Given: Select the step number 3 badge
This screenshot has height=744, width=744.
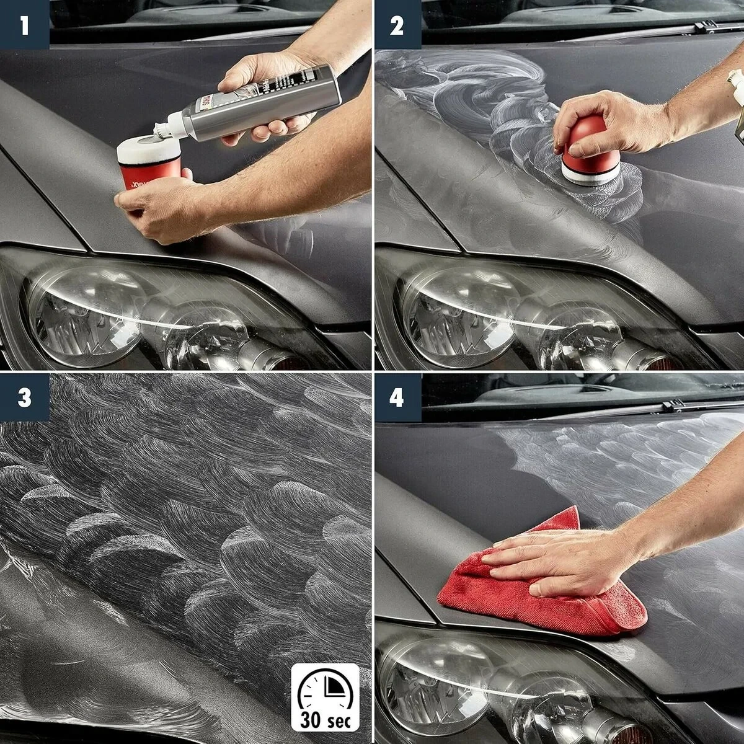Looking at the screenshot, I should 24,397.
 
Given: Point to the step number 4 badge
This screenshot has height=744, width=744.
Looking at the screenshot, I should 397,397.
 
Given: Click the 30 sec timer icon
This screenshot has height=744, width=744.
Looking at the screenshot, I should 325,697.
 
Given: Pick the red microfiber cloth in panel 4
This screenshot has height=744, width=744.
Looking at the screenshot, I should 539,595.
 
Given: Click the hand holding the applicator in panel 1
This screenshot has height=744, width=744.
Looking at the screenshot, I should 161,211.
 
